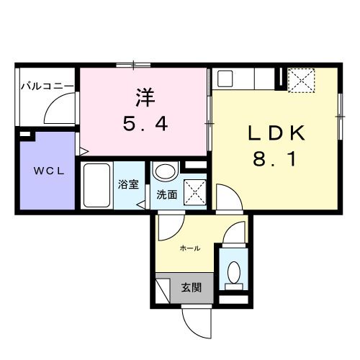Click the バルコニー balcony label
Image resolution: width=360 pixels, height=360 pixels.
pyautogui.click(x=46, y=86)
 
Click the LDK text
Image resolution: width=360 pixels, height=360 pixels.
pyautogui.click(x=277, y=133)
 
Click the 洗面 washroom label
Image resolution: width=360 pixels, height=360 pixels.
pyautogui.click(x=167, y=194)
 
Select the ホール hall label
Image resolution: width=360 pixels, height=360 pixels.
pyautogui.click(x=190, y=248)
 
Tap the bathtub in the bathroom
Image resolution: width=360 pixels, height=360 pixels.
pyautogui.click(x=96, y=186)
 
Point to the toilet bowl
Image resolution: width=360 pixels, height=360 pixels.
pyautogui.click(x=233, y=271)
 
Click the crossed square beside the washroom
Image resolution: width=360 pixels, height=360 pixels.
pyautogui.click(x=193, y=192)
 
